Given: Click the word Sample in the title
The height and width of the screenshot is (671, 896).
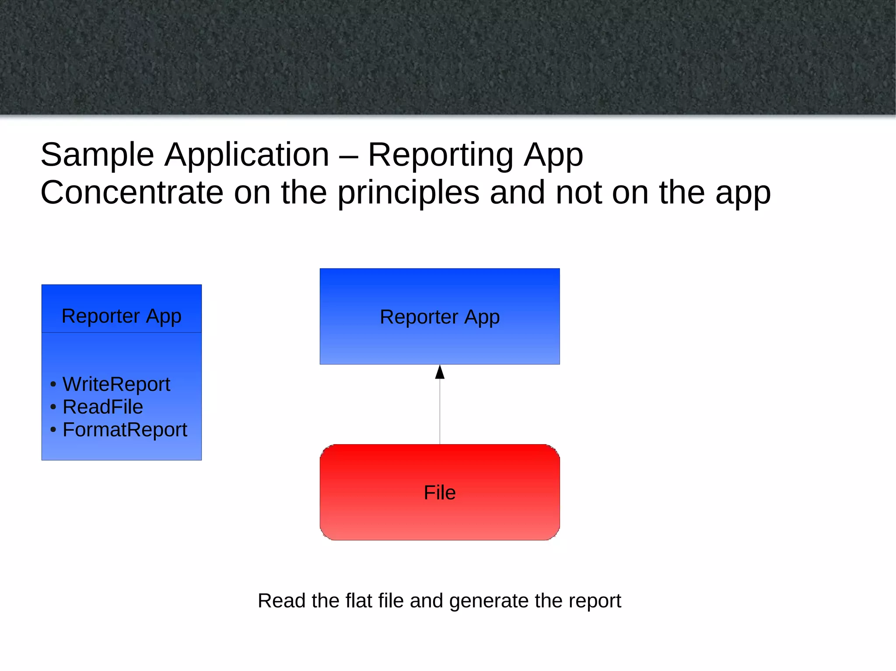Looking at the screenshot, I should (x=97, y=155).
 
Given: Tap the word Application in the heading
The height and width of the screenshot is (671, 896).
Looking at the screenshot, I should (x=247, y=155).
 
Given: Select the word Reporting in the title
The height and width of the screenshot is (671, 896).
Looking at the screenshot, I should (x=441, y=156).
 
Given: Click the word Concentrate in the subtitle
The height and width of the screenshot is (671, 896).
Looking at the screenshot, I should (x=132, y=193).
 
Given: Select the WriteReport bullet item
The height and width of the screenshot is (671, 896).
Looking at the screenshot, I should (x=116, y=385).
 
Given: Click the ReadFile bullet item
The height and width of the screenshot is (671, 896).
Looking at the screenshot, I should (x=102, y=407).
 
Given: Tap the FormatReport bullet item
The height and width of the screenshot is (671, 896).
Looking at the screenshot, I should (x=125, y=430).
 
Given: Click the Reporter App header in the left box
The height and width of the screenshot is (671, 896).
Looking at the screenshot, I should (x=121, y=316).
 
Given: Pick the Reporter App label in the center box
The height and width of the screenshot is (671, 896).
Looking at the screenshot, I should (x=440, y=317).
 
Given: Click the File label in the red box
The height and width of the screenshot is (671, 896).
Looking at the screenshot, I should (x=440, y=493).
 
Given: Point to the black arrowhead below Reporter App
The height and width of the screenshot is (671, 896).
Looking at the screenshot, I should (x=440, y=372).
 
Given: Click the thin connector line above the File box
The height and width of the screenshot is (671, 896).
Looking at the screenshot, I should (x=440, y=411).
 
